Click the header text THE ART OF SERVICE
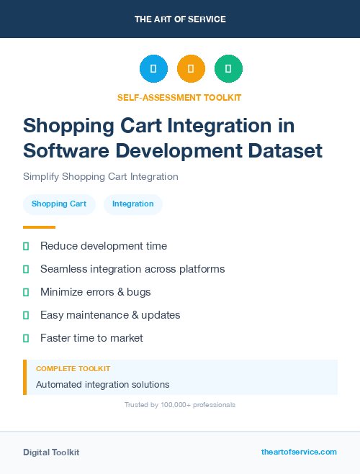click(180, 19)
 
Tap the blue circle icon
click(153, 69)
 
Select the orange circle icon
click(191, 69)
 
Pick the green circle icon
click(228, 69)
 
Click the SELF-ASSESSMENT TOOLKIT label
click(179, 97)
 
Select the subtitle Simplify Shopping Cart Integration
click(100, 176)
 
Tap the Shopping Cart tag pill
click(59, 204)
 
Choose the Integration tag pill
click(133, 204)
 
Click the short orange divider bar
click(39, 227)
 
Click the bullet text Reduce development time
click(104, 246)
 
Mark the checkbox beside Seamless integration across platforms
click(26, 269)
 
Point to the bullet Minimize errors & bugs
click(96, 292)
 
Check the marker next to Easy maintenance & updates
click(26, 315)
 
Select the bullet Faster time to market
click(91, 338)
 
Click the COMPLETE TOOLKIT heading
click(73, 368)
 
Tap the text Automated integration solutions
click(103, 385)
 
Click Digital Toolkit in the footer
click(51, 452)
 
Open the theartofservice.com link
click(299, 452)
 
